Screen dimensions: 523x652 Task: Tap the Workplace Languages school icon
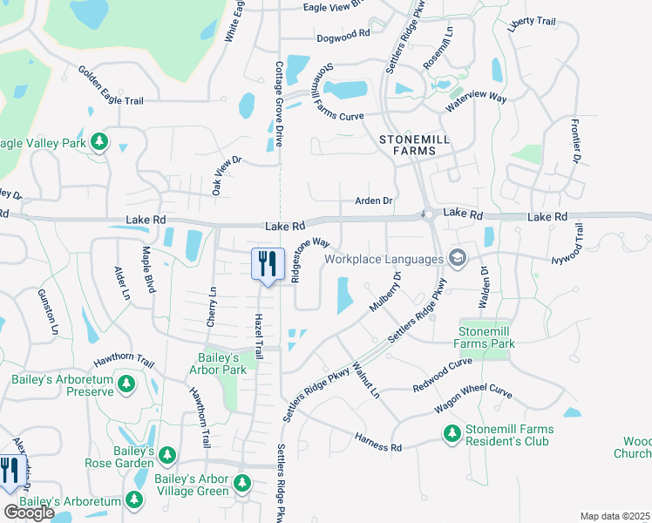(456, 258)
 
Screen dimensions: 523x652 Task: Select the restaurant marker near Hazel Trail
(268, 262)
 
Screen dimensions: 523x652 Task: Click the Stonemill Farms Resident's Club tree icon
(452, 433)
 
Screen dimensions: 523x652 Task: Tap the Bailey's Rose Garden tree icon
(166, 457)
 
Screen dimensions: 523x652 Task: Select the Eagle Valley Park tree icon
(99, 141)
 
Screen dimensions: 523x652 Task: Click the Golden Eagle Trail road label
(110, 86)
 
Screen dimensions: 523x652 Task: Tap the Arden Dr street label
(374, 200)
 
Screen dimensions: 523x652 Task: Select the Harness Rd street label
(377, 442)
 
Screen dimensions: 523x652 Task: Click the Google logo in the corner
(29, 513)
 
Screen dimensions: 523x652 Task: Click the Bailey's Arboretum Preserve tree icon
(126, 384)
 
